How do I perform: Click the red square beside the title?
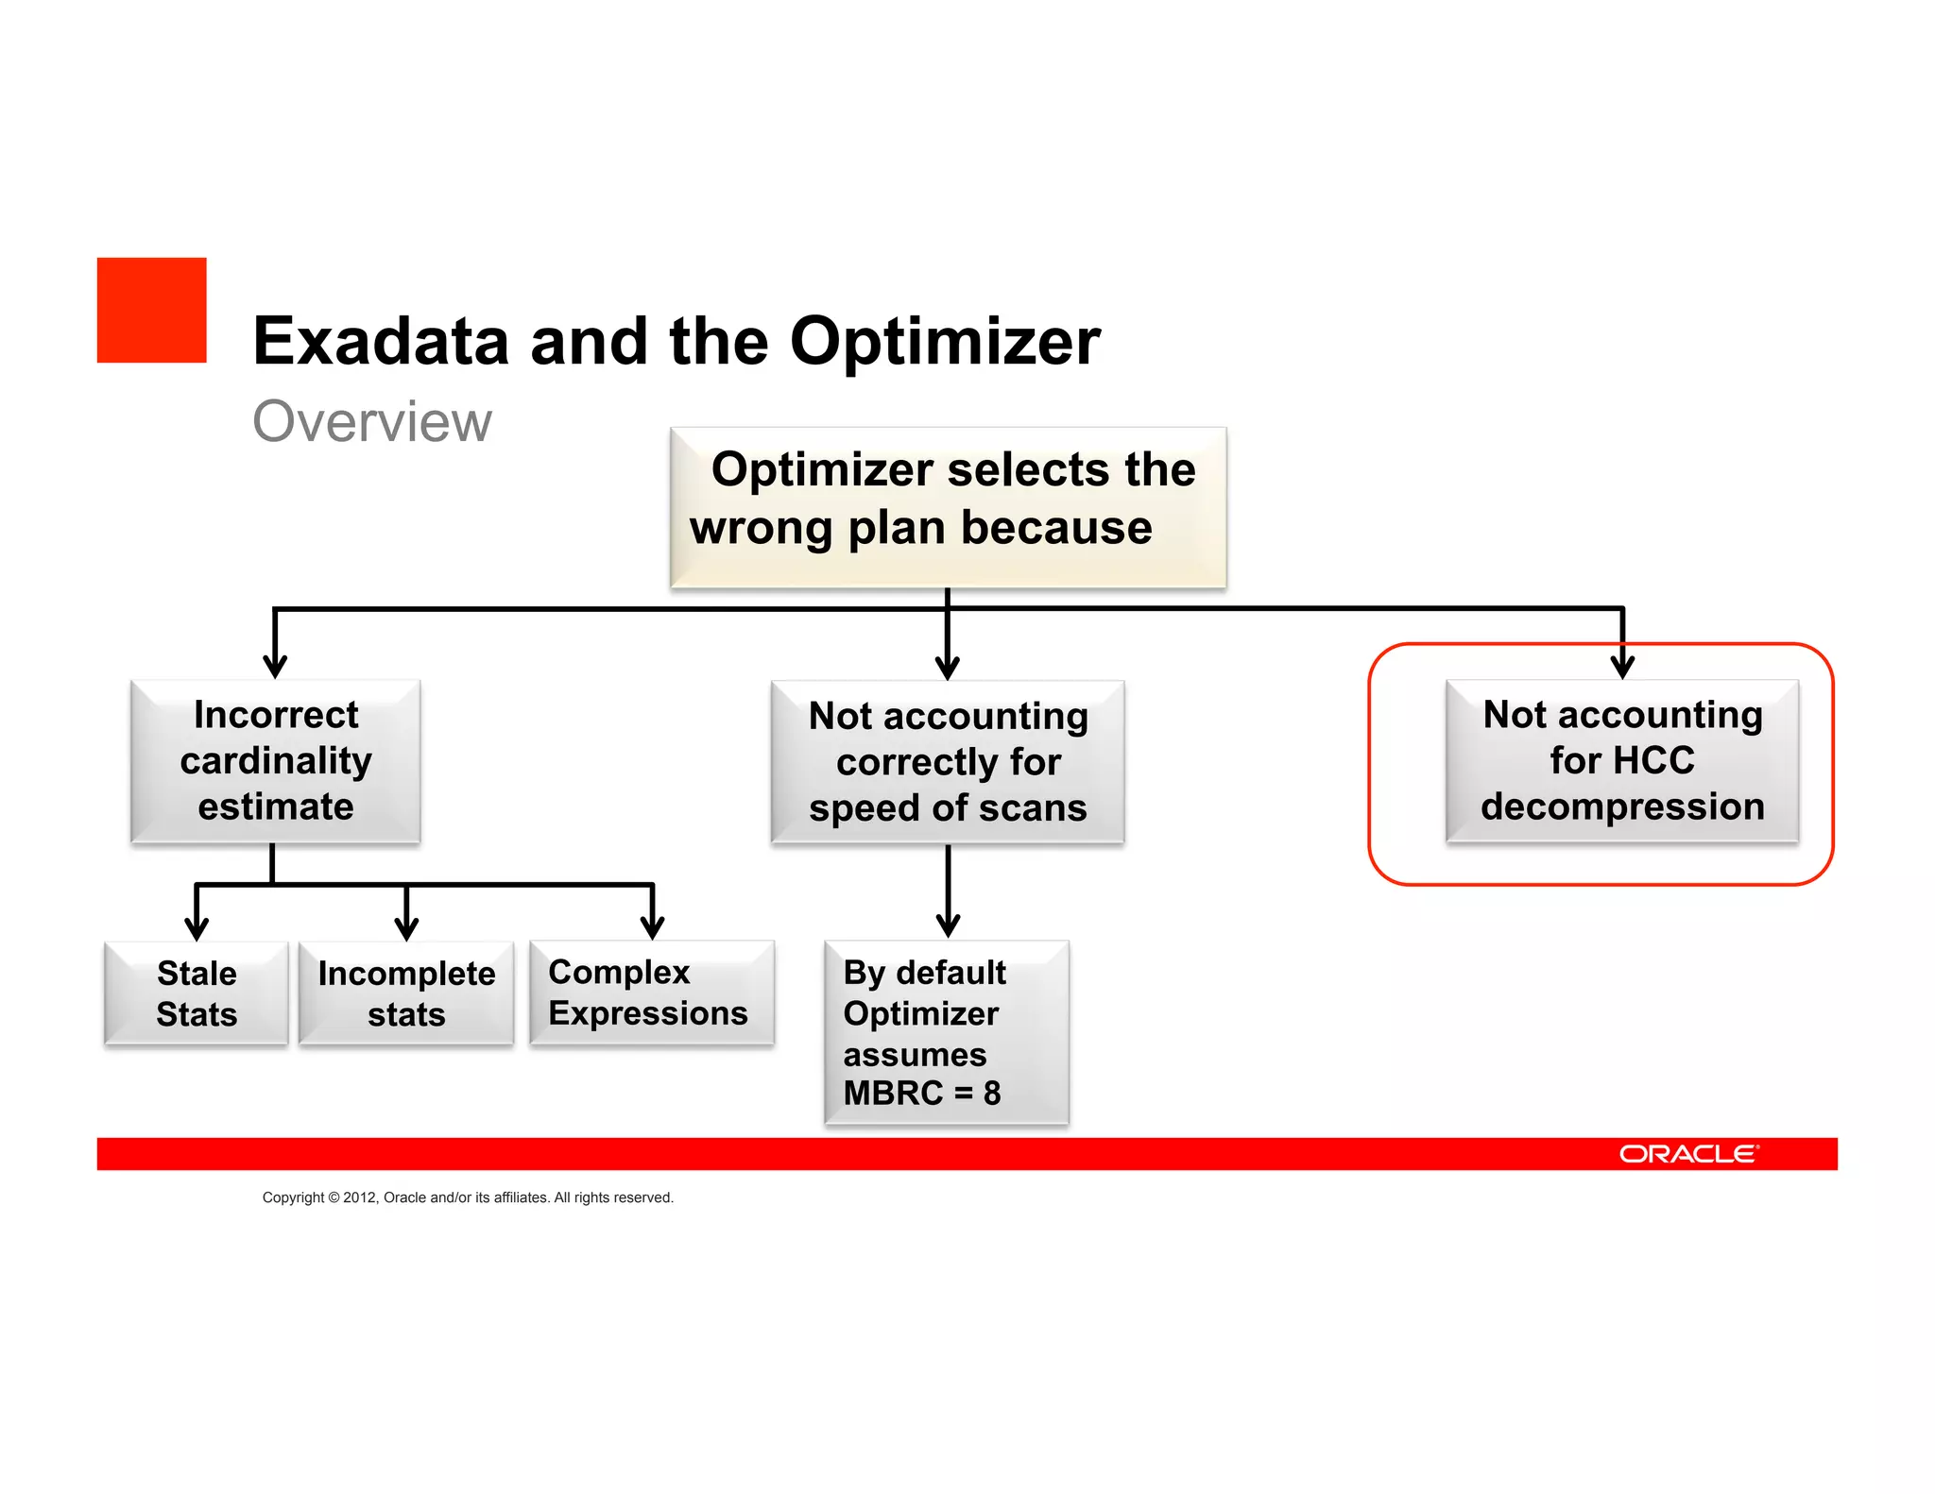pyautogui.click(x=151, y=310)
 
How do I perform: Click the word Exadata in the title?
pyautogui.click(x=380, y=341)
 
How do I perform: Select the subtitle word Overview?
pyautogui.click(x=371, y=421)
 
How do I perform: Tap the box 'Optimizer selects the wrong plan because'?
pyautogui.click(x=948, y=507)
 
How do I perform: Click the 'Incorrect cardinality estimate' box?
pyautogui.click(x=275, y=760)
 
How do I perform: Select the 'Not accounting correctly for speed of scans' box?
pyautogui.click(x=948, y=761)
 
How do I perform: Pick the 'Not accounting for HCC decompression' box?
pyautogui.click(x=1621, y=760)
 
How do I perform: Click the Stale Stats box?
pyautogui.click(x=196, y=993)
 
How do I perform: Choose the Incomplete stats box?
pyautogui.click(x=406, y=993)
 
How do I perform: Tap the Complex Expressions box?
pyautogui.click(x=651, y=993)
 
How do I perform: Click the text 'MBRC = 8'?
pyautogui.click(x=921, y=1093)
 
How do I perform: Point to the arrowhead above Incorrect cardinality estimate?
pyautogui.click(x=275, y=666)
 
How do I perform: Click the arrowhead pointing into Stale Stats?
pyautogui.click(x=196, y=927)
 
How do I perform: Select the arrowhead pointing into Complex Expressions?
pyautogui.click(x=652, y=927)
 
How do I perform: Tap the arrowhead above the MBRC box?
pyautogui.click(x=948, y=925)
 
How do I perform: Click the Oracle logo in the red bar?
pyautogui.click(x=1688, y=1154)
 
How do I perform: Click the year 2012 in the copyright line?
pyautogui.click(x=359, y=1197)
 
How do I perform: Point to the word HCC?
pyautogui.click(x=1656, y=760)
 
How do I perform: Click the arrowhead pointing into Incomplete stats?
pyautogui.click(x=406, y=927)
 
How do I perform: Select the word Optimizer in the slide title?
pyautogui.click(x=944, y=341)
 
